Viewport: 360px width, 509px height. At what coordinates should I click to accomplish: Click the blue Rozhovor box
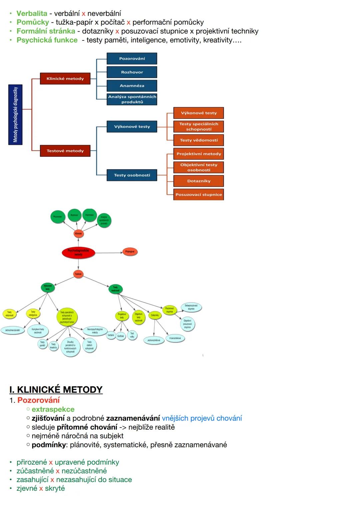tap(132, 72)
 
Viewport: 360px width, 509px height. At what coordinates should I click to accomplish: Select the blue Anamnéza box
tap(132, 86)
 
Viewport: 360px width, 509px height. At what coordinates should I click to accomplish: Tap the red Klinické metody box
tap(65, 79)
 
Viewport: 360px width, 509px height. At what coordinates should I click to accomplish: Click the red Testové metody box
tap(65, 151)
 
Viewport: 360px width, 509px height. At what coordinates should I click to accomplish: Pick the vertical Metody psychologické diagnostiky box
tap(15, 115)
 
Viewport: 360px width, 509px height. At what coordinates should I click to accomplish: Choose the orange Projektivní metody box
tap(199, 154)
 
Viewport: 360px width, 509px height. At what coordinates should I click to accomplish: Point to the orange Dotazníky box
tap(199, 181)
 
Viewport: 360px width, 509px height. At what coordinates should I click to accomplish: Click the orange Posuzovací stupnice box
tap(199, 194)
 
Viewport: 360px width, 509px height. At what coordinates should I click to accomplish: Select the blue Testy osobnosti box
tap(132, 175)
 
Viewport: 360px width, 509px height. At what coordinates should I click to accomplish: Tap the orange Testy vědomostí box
tap(199, 140)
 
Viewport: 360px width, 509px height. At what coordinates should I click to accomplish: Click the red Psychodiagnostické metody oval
tap(78, 253)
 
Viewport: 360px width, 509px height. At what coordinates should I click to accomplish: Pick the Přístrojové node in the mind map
tap(130, 252)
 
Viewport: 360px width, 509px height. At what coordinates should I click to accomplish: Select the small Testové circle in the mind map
tap(78, 274)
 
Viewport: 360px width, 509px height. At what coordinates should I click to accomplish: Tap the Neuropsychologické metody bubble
tap(95, 331)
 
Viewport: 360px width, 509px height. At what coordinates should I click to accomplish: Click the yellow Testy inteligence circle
tap(33, 313)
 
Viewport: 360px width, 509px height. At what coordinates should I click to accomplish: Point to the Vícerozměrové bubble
tap(175, 338)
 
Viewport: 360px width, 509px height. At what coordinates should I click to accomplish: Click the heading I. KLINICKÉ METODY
tap(56, 390)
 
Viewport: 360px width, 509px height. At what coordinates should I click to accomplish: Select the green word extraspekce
tap(53, 409)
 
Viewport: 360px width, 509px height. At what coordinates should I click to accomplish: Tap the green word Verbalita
tap(32, 13)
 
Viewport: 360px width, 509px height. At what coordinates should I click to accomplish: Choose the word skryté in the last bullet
tap(55, 488)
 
